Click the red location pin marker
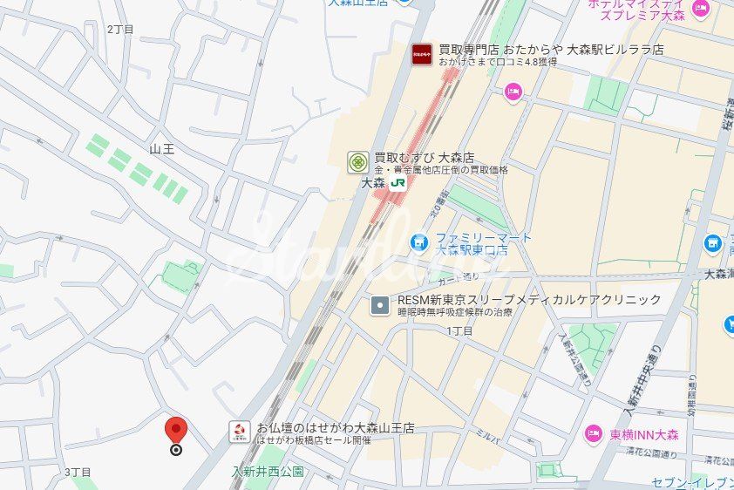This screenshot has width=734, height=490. tap(176, 430)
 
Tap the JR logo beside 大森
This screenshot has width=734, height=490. tap(398, 183)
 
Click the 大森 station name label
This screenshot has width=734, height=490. tap(372, 183)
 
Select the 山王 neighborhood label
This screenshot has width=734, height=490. tap(162, 149)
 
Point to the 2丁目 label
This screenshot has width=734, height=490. tap(120, 29)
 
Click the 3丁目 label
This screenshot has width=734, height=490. tap(78, 472)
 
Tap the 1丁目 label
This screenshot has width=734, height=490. tap(459, 330)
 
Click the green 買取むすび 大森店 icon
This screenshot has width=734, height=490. tap(357, 162)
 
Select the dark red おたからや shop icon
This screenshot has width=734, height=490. tap(422, 54)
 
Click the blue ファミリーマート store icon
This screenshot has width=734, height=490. tap(419, 241)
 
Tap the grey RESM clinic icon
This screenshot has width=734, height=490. tap(380, 305)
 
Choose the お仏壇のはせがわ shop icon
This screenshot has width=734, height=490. tap(239, 431)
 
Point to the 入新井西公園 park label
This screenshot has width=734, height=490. tap(268, 472)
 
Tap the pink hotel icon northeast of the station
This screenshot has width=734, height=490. tap(513, 91)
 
